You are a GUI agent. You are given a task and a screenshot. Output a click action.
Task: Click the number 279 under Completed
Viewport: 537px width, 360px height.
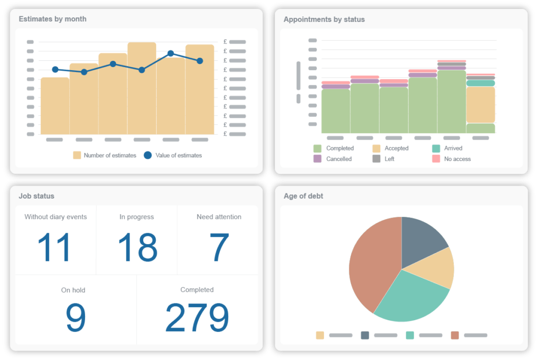197,318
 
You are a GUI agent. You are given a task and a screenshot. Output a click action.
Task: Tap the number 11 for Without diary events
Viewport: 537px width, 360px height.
55,247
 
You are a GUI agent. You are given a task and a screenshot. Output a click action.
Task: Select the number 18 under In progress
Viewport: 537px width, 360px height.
137,247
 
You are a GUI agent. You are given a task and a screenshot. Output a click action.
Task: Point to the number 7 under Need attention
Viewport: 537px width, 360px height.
219,247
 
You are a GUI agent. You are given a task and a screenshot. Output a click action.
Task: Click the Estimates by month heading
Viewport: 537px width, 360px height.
52,19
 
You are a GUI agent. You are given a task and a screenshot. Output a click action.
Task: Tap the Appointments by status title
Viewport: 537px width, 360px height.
324,19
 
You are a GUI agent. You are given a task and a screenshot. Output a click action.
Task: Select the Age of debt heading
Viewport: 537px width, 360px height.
303,196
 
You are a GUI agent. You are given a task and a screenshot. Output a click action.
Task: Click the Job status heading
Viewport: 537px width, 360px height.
36,196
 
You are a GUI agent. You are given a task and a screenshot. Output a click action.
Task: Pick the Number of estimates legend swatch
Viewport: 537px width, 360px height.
77,155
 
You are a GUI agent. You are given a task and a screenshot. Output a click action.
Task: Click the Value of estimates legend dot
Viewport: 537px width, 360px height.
147,155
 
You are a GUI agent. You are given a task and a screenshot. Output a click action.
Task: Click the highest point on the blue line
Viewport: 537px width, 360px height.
170,53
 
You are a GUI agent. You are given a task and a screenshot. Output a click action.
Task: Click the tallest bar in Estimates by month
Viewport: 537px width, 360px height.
142,89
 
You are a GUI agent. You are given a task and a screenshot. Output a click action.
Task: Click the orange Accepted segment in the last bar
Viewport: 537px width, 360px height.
480,105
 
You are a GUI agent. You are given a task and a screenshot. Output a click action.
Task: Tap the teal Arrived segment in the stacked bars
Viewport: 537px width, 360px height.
480,83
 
